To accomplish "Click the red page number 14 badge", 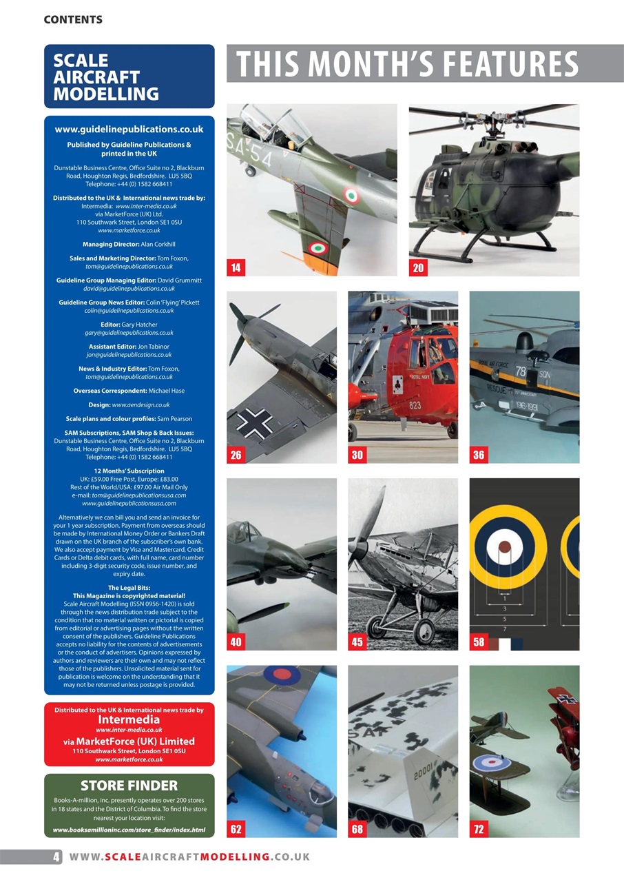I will pyautogui.click(x=236, y=268).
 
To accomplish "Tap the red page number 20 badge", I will pyautogui.click(x=418, y=268).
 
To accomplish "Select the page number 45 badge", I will pyautogui.click(x=357, y=642).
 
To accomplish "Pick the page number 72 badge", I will pyautogui.click(x=479, y=829).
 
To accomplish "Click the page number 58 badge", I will pyautogui.click(x=479, y=642).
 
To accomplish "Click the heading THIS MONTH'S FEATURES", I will pyautogui.click(x=408, y=64).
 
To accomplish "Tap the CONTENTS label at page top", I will pyautogui.click(x=73, y=19).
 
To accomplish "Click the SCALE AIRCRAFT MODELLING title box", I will pyautogui.click(x=129, y=76).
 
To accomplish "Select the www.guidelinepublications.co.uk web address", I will pyautogui.click(x=129, y=129).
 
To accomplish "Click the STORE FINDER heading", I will pyautogui.click(x=129, y=786).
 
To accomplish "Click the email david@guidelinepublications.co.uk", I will pyautogui.click(x=129, y=289).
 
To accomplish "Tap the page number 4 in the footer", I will pyautogui.click(x=56, y=857).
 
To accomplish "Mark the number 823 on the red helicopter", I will pyautogui.click(x=415, y=405).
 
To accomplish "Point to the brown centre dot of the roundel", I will pyautogui.click(x=505, y=548).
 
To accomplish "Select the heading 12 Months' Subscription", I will pyautogui.click(x=129, y=471).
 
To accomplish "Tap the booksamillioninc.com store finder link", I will pyautogui.click(x=129, y=829).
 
